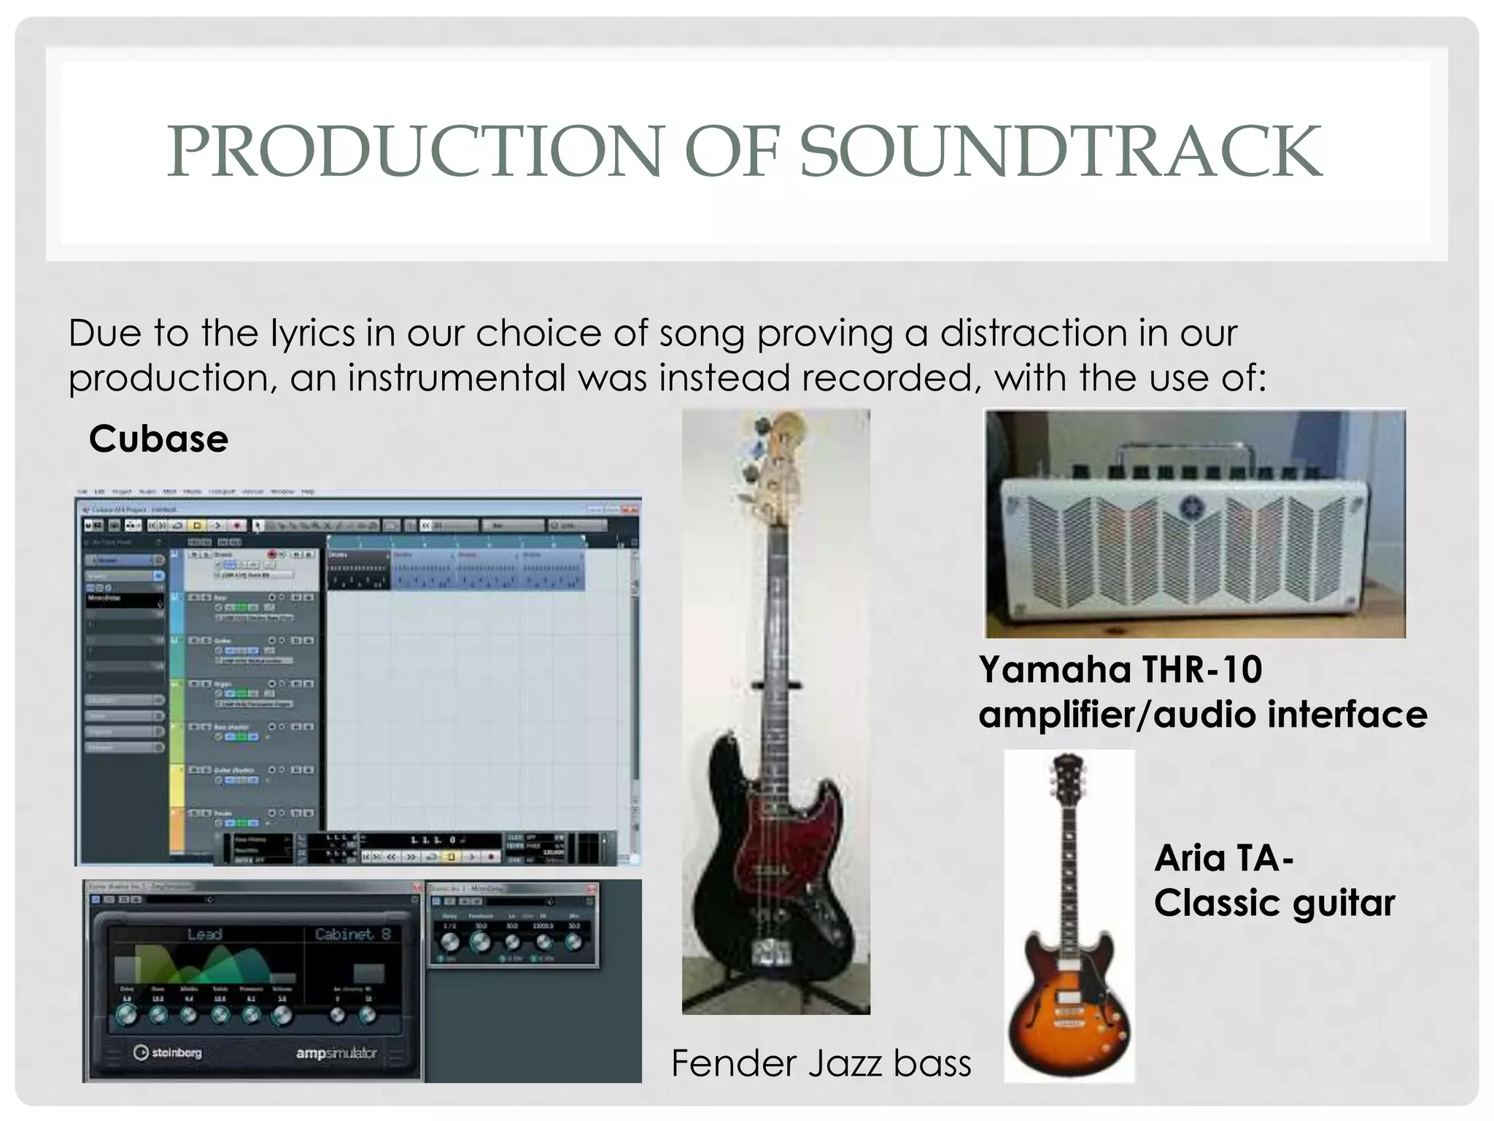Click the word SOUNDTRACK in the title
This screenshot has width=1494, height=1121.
point(1061,151)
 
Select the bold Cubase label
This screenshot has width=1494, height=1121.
point(158,439)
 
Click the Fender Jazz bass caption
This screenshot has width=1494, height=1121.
point(821,1063)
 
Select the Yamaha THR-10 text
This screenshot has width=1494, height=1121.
point(1120,669)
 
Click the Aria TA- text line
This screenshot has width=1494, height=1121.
point(1223,858)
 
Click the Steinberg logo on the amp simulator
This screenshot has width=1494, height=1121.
point(168,1052)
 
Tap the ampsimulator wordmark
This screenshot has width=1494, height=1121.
point(336,1053)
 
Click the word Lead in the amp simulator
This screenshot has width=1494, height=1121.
point(204,934)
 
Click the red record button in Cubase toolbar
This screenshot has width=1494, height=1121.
point(237,525)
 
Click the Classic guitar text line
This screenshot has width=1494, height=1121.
point(1274,904)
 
